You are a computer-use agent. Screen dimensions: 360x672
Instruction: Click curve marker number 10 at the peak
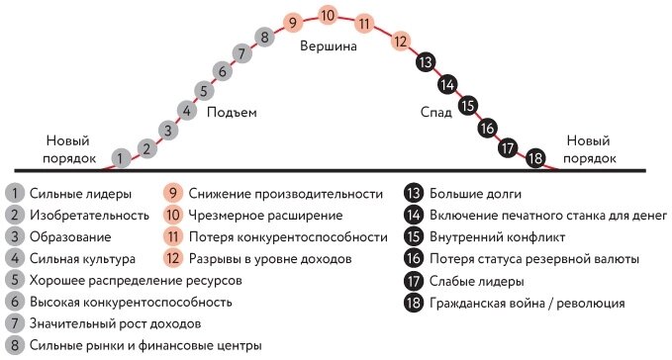coord(330,16)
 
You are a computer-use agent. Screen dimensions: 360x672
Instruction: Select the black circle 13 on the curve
coord(426,61)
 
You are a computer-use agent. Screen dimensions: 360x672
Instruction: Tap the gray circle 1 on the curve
coord(120,156)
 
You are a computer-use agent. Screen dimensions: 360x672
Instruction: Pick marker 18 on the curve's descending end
coord(535,157)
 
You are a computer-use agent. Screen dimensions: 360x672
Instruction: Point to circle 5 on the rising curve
coord(203,90)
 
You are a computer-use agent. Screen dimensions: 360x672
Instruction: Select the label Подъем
coord(232,112)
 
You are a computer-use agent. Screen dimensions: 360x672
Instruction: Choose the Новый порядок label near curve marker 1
coord(70,149)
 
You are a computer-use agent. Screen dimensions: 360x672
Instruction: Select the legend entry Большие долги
coord(476,193)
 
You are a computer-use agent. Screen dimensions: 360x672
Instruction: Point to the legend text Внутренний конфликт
coord(497,236)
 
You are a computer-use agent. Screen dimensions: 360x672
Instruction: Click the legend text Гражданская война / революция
coord(528,302)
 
